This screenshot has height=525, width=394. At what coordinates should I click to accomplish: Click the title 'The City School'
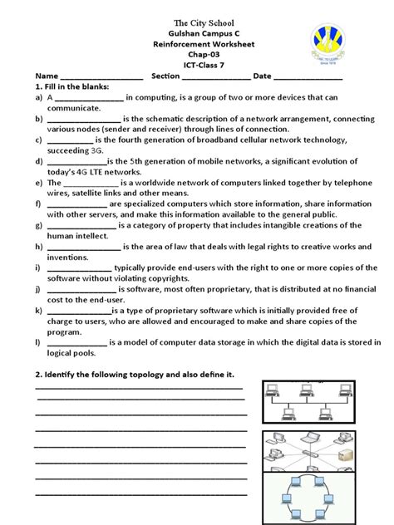tap(197, 22)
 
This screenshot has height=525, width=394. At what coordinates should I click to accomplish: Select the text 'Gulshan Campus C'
tap(197, 37)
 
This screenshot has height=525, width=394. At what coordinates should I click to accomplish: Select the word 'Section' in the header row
tap(166, 76)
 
